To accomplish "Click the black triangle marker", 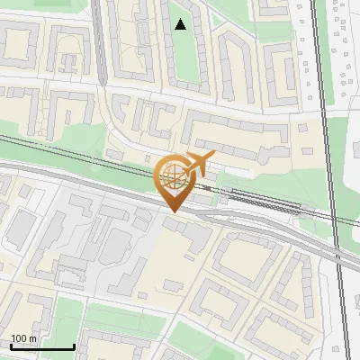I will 181,24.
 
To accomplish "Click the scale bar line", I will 41,347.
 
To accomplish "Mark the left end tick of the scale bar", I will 10,346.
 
